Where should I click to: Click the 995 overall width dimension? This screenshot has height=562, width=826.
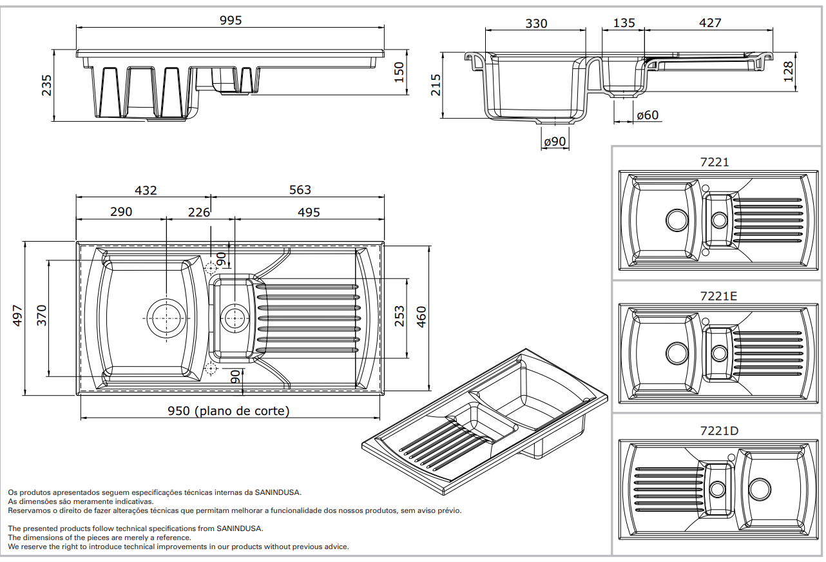tap(230, 21)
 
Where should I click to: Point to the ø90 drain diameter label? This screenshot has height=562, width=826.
tap(554, 141)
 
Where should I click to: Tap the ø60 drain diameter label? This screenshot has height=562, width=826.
tap(647, 115)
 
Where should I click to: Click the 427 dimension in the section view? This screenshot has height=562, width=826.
tap(709, 23)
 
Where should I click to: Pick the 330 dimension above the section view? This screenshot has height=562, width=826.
tap(536, 24)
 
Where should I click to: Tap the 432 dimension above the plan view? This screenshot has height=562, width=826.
tap(146, 190)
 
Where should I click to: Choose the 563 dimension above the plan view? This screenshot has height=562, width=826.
tap(300, 190)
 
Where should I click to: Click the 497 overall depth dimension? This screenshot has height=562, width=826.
tap(18, 316)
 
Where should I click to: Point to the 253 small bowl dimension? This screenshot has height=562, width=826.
tap(400, 316)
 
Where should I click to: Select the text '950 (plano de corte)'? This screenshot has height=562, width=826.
tap(229, 411)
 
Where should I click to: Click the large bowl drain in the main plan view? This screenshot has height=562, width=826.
tap(167, 317)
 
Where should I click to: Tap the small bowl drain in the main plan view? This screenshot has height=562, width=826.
tap(234, 316)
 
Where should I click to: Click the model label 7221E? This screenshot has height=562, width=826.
tap(718, 296)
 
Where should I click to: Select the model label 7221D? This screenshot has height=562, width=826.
tap(719, 431)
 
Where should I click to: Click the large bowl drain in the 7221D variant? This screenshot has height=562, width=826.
tap(760, 489)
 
